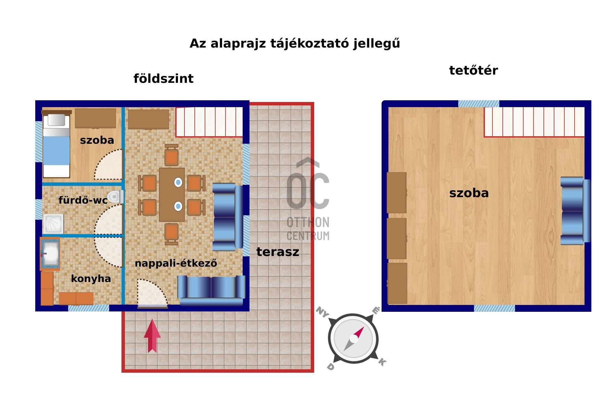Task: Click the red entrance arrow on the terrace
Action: [x=152, y=336]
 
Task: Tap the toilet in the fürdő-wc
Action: [x=115, y=197]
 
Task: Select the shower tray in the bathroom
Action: [x=53, y=224]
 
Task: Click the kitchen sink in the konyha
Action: [x=50, y=254]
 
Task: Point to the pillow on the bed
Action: [x=56, y=120]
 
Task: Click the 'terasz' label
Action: [x=278, y=252]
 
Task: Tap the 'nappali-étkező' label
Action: [x=176, y=263]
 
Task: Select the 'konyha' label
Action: [x=91, y=279]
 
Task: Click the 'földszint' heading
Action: [x=163, y=79]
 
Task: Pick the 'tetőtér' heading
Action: [x=473, y=71]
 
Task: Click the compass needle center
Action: [x=354, y=339]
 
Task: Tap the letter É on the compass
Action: [x=376, y=310]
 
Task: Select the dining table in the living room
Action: [x=172, y=194]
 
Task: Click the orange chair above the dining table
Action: [x=171, y=156]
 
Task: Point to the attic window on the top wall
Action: [x=478, y=104]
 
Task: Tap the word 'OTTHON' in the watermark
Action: [x=308, y=222]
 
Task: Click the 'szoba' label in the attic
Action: [x=469, y=193]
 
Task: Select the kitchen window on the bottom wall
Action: [x=89, y=308]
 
